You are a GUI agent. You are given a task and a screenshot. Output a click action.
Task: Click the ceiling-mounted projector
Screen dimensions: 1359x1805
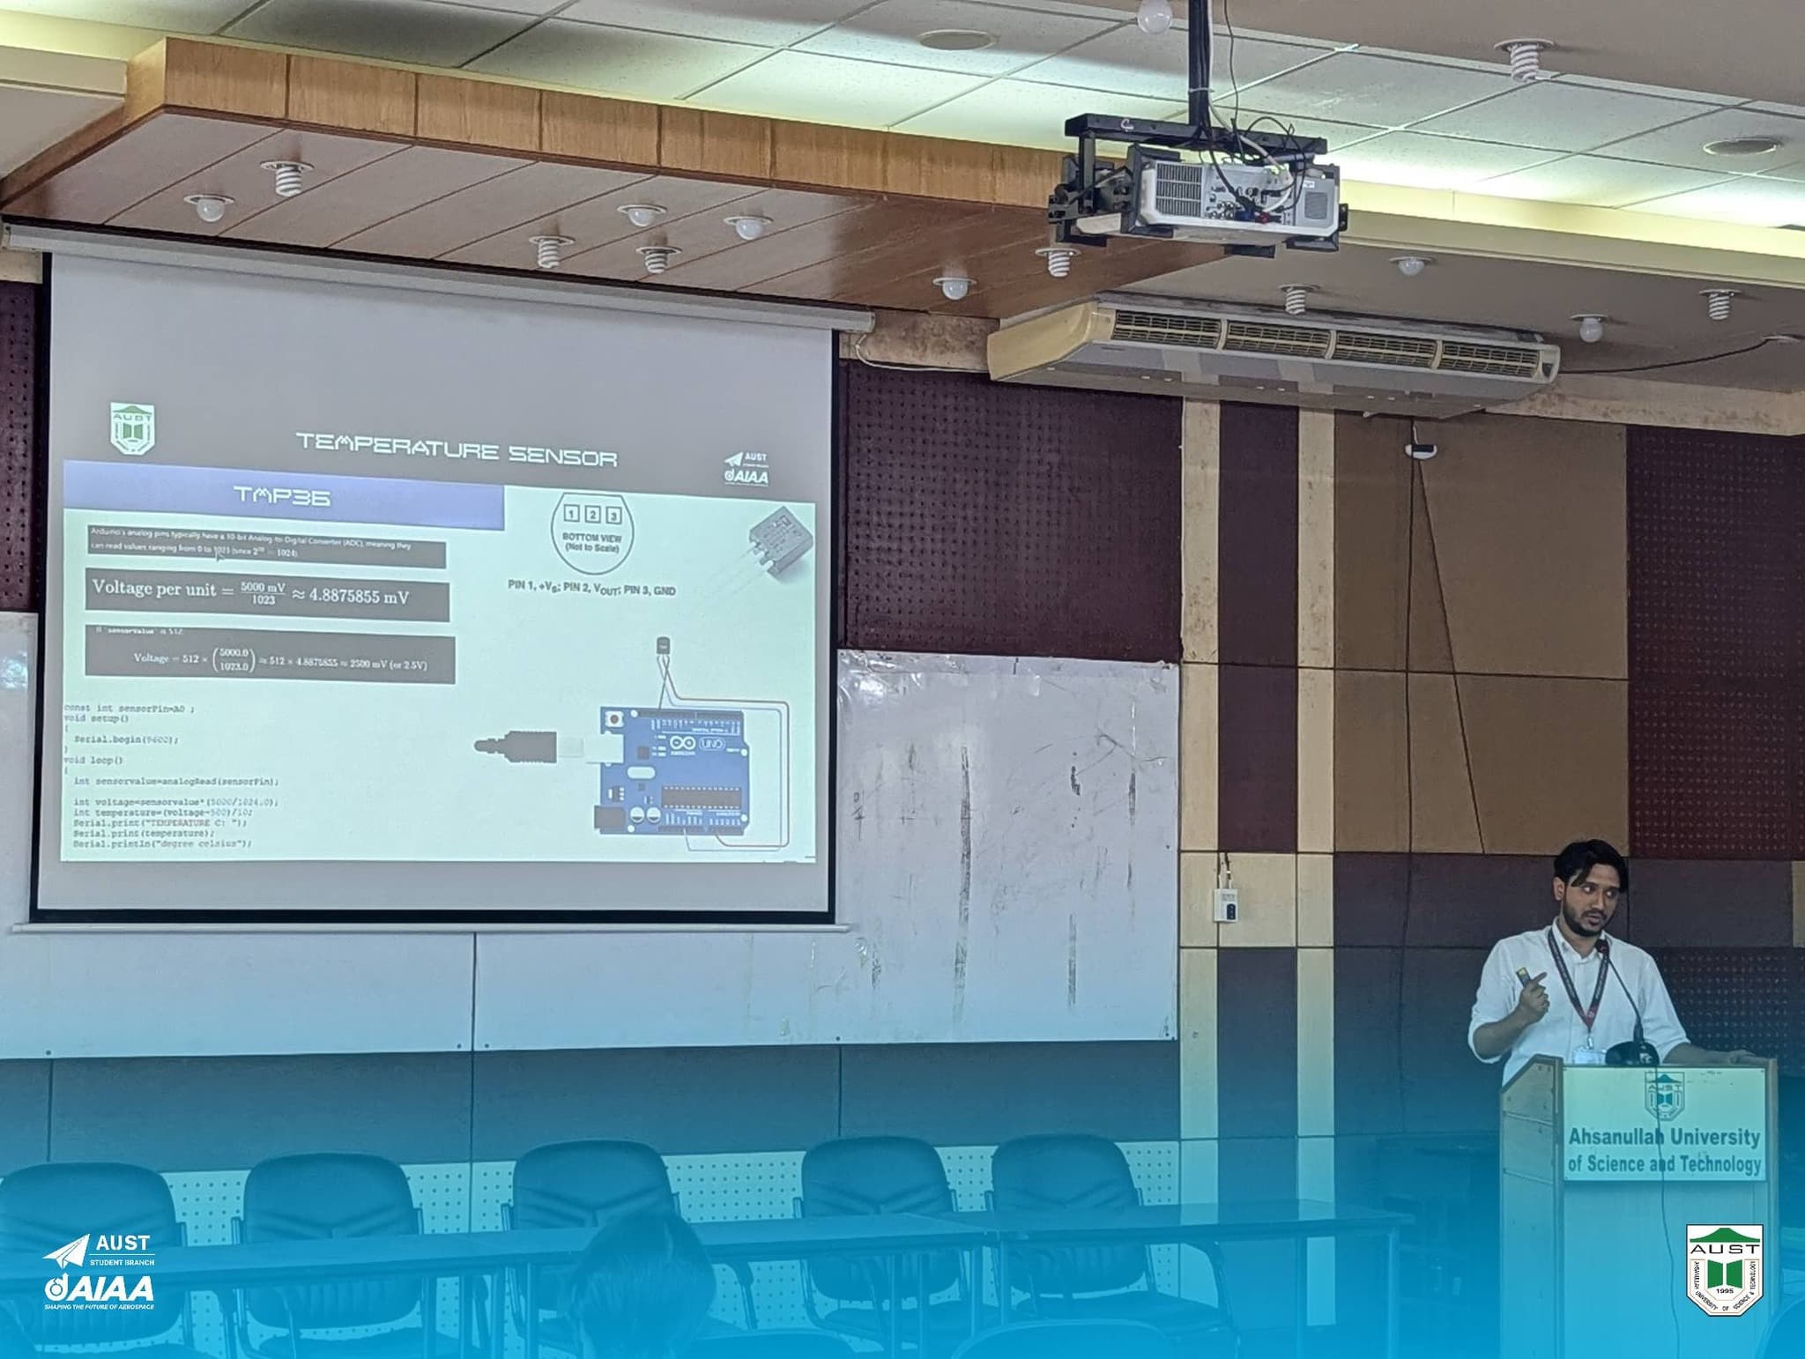[x=1234, y=194]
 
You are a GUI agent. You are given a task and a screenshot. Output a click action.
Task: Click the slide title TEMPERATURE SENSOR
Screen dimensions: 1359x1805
[x=457, y=449]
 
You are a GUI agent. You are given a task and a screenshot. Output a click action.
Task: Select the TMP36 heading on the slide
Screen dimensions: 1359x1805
[x=282, y=496]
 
